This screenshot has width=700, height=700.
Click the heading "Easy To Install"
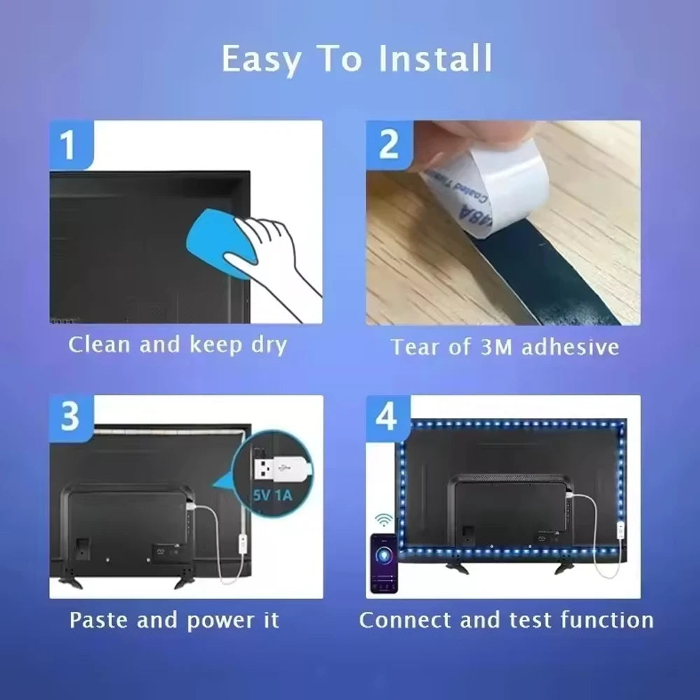[x=357, y=59]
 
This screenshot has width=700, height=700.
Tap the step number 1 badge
[x=68, y=145]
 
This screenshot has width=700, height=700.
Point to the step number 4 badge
[x=387, y=417]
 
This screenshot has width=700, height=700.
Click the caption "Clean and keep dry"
[x=178, y=345]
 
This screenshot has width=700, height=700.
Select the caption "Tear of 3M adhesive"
[x=504, y=347]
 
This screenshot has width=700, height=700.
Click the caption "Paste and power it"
[x=174, y=620]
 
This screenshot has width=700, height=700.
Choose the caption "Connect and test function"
[x=506, y=620]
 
